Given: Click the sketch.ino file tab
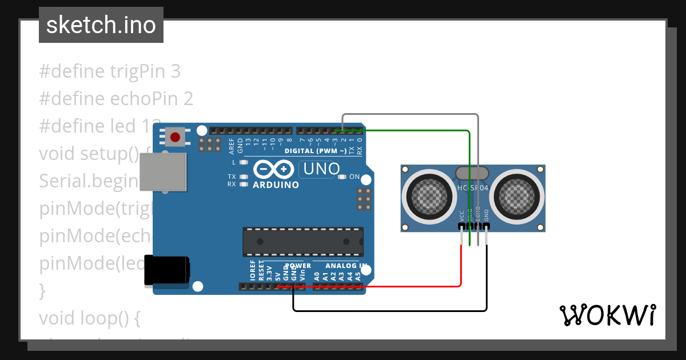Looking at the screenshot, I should click(101, 25).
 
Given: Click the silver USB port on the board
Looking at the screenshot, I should click(163, 171).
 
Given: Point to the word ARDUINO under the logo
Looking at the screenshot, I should click(276, 185).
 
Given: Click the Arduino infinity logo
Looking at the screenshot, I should click(275, 170).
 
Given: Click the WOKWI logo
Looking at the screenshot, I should click(607, 315).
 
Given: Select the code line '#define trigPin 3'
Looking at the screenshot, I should click(110, 71).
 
